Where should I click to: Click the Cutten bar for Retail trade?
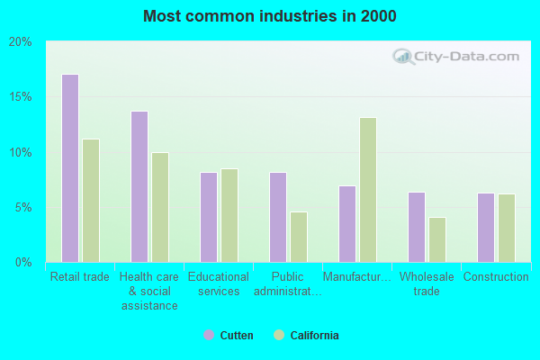tap(69, 168)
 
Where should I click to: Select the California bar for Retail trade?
tap(91, 201)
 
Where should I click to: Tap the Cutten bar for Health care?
tap(139, 186)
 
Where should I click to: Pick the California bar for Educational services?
tap(229, 215)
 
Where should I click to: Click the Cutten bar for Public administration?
tap(278, 217)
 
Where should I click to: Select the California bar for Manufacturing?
tap(367, 190)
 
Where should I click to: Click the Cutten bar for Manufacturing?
tap(347, 224)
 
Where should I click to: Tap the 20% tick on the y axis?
tap(21, 41)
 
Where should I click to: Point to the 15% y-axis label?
tap(21, 97)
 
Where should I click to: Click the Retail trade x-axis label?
tap(80, 277)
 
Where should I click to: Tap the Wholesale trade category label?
tap(427, 283)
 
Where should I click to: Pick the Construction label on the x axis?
tap(496, 277)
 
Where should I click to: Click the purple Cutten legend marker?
tap(209, 336)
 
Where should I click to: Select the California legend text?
tap(314, 336)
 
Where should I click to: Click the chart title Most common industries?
tap(269, 16)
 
